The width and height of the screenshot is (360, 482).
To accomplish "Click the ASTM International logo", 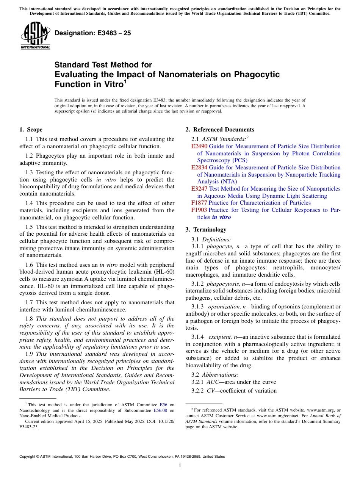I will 35,36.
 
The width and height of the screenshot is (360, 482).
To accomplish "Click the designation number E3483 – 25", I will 93,33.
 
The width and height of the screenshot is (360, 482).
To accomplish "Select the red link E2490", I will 199,146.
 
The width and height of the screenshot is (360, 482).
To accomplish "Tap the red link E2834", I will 199,167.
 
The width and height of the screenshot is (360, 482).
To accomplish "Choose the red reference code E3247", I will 199,189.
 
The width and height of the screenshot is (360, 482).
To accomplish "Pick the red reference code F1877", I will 199,203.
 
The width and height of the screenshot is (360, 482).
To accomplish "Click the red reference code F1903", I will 199,210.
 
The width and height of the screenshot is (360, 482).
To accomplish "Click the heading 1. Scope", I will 31,130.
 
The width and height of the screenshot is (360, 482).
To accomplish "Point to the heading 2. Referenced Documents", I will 220,130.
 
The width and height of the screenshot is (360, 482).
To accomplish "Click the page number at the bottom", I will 180,466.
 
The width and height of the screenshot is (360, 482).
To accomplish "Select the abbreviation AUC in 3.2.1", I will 213,382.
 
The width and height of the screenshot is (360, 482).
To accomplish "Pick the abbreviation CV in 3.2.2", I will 211,391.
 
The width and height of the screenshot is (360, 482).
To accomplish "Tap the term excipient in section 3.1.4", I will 220,337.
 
